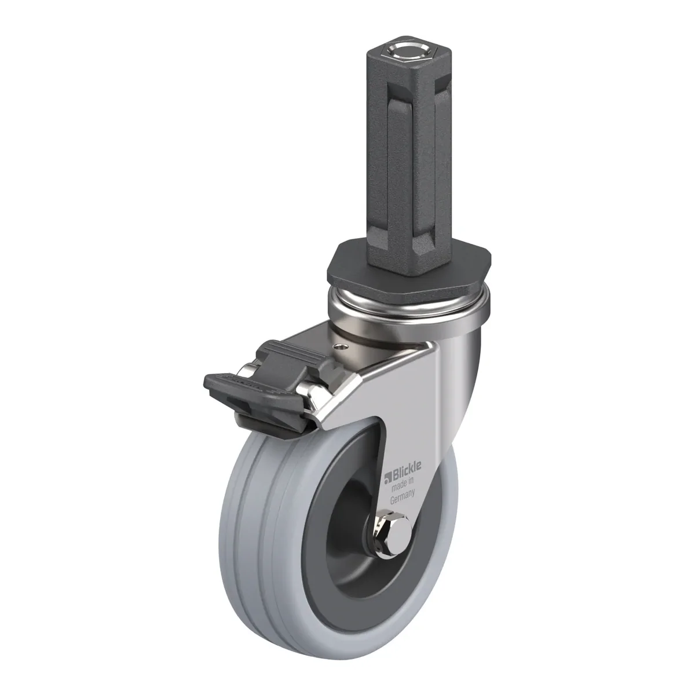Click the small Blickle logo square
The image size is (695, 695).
click(x=387, y=477)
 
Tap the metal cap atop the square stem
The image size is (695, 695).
click(x=408, y=52)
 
